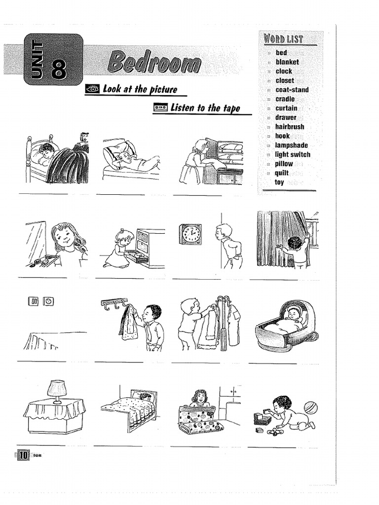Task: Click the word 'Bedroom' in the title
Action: click(x=154, y=63)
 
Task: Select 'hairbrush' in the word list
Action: click(x=290, y=127)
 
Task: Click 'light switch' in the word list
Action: click(x=293, y=154)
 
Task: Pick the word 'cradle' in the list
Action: click(x=285, y=99)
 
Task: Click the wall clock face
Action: click(x=191, y=233)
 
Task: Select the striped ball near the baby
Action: click(x=310, y=407)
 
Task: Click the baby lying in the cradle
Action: click(x=294, y=314)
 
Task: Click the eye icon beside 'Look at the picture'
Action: click(x=92, y=89)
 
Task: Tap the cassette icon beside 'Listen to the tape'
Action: click(x=161, y=107)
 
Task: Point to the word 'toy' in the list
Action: click(x=279, y=182)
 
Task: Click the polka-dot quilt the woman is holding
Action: click(x=196, y=418)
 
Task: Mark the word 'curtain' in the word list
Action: click(x=286, y=108)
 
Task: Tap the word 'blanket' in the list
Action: click(x=287, y=62)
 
